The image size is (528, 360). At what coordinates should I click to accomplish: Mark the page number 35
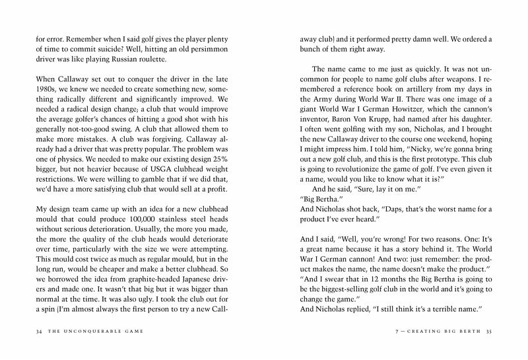point(489,331)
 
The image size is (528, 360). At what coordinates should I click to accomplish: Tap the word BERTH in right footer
point(467,331)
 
